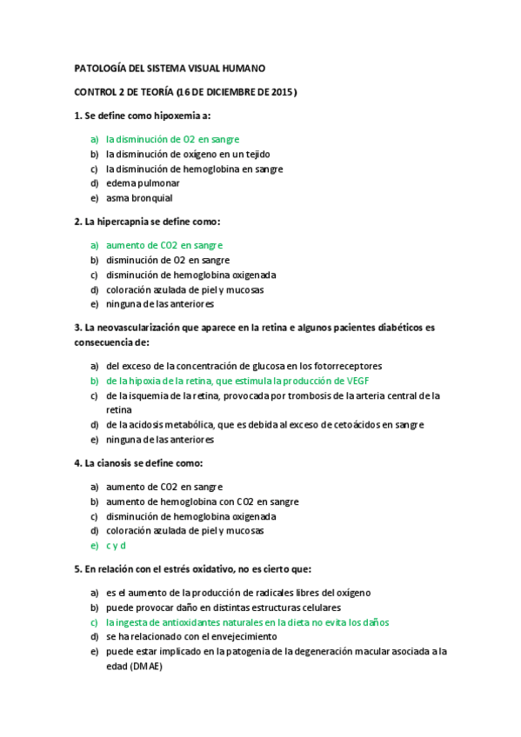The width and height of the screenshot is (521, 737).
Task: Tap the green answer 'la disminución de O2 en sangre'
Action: click(x=172, y=138)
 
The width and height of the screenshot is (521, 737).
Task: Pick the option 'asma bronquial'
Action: click(x=139, y=198)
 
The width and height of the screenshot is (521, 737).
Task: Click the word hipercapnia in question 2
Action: click(x=124, y=222)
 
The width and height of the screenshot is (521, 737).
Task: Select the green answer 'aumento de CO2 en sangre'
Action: click(x=164, y=245)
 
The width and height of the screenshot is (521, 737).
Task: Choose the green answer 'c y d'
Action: click(x=116, y=545)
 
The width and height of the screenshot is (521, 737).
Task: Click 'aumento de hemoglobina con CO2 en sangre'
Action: click(x=202, y=501)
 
